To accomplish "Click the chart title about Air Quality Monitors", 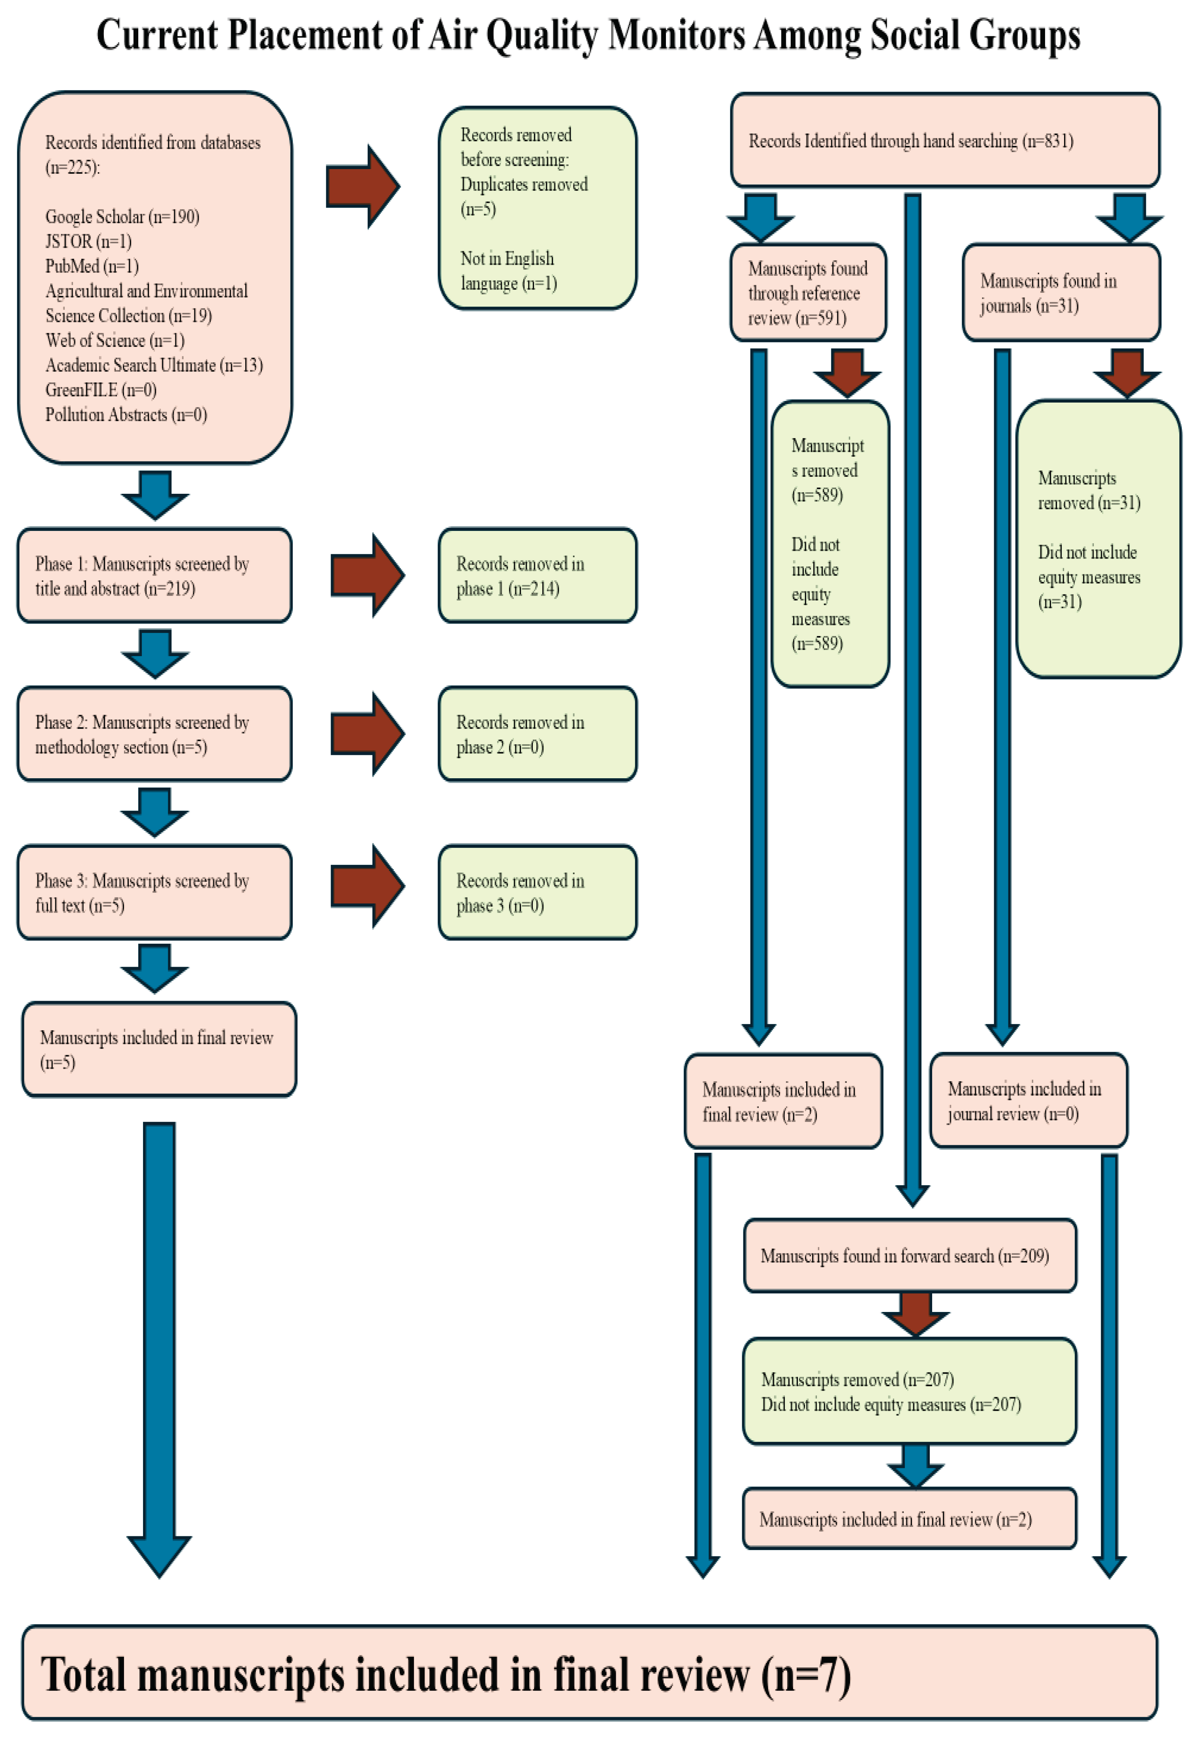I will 588,35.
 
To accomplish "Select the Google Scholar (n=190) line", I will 122,216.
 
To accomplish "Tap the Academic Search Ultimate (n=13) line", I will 154,365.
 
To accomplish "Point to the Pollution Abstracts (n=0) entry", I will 126,414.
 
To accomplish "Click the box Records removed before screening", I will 537,208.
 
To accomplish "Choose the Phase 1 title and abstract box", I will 154,576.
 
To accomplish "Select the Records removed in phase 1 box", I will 537,576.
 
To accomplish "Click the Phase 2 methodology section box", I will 154,734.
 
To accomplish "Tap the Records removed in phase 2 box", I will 537,734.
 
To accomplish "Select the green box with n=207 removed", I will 910,1391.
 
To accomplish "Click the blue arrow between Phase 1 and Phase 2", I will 155,654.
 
